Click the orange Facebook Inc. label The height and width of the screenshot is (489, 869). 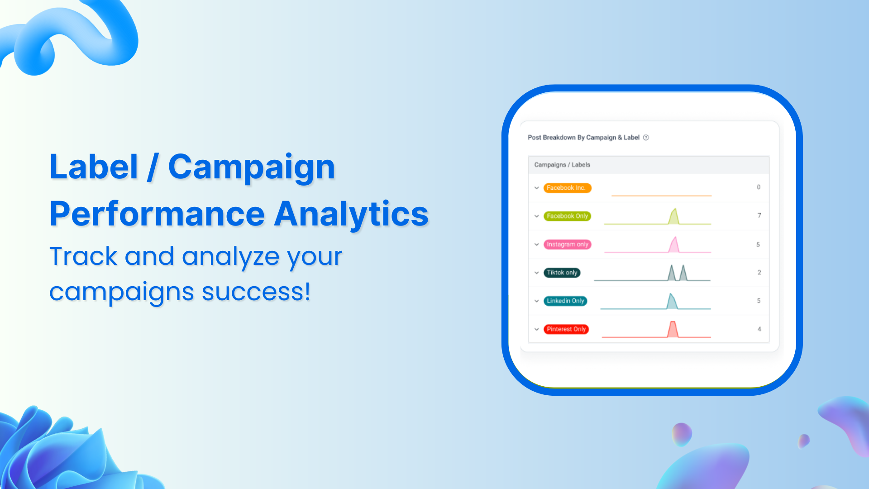tap(567, 188)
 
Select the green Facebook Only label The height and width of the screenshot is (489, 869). tap(567, 216)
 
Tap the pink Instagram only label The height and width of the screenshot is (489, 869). tap(567, 244)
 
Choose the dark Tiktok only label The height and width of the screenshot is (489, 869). tap(562, 273)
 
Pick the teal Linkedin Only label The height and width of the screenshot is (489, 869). tap(565, 301)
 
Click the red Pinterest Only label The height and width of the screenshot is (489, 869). tap(566, 329)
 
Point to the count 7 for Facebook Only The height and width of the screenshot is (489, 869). tap(759, 216)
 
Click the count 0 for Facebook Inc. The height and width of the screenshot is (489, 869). tap(759, 187)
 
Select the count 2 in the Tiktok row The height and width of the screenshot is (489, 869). tap(759, 273)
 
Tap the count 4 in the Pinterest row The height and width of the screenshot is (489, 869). tap(759, 329)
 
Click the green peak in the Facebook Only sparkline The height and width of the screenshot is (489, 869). tap(674, 216)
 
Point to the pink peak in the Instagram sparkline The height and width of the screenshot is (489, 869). tap(674, 245)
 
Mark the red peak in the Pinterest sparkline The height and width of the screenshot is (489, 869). tap(673, 329)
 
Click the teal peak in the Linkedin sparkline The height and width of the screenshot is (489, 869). tap(672, 302)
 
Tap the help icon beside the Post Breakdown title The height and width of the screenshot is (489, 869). tap(646, 138)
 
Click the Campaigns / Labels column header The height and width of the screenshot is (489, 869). tap(562, 165)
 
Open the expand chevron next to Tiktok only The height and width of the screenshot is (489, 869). tap(536, 273)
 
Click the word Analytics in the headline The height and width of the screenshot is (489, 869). tap(351, 214)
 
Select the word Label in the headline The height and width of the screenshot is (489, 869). tap(94, 167)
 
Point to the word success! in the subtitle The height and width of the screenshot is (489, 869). tap(256, 292)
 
